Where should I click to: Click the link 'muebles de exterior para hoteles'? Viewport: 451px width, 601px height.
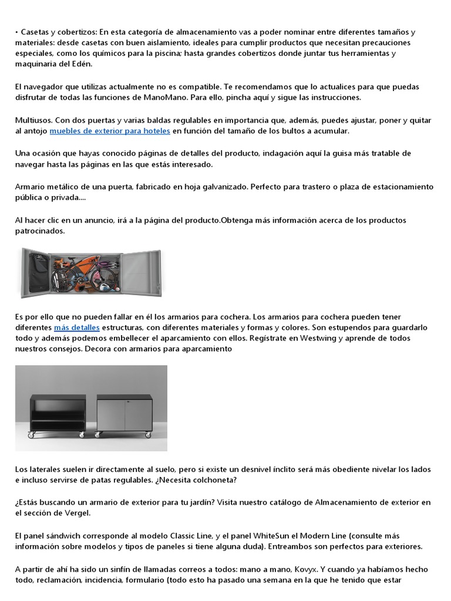click(110, 131)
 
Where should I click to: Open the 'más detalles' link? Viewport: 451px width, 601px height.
click(76, 327)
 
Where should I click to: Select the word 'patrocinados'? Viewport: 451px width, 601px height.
click(40, 231)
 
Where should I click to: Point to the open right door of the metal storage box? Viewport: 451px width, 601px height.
click(140, 271)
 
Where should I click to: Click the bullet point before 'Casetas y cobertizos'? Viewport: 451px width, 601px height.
click(17, 31)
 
